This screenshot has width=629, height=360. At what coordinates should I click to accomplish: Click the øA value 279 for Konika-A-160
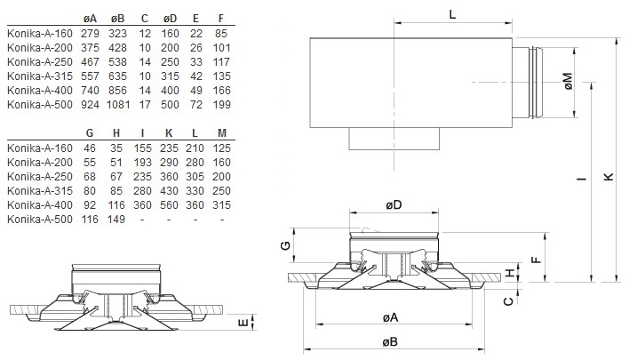coord(90,34)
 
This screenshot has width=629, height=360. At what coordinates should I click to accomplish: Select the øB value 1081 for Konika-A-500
coord(118,105)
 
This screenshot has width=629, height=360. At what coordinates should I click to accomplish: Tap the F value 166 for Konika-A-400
coord(222,91)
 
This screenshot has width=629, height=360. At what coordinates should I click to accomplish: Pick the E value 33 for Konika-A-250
coord(195,62)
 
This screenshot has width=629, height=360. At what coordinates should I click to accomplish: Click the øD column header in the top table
coord(170,19)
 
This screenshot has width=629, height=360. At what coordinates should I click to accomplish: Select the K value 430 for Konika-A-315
coord(169,191)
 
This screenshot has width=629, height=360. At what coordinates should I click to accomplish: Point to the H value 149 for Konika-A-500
coord(116,220)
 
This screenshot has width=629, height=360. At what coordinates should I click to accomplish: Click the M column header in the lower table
coord(222,133)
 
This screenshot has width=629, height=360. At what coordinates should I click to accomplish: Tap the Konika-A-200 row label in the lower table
coord(40,163)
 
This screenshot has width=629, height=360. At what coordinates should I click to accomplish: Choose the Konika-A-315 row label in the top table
coord(40,76)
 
